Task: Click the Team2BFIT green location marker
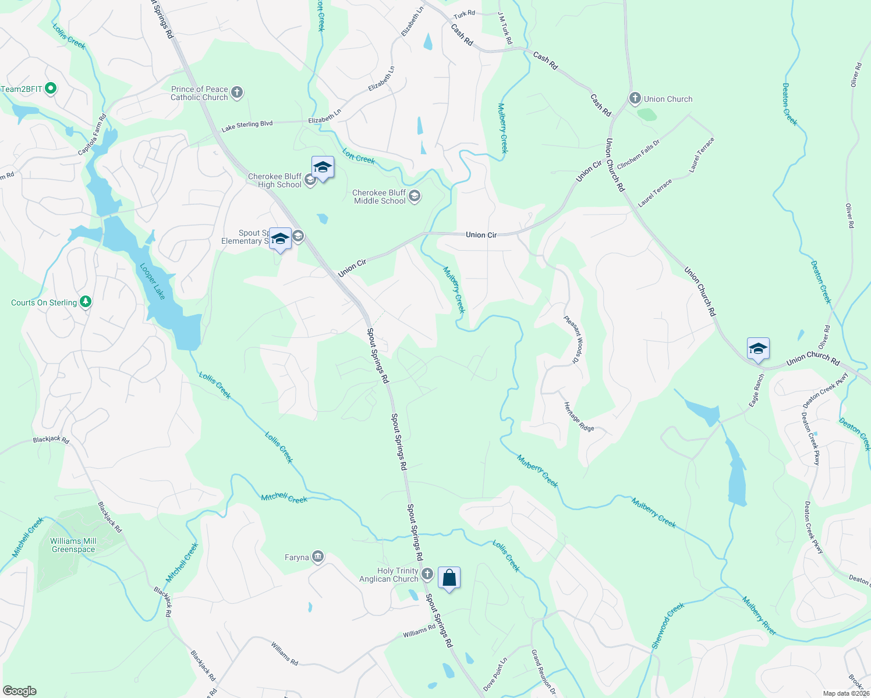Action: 51,89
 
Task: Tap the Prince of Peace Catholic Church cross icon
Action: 236,92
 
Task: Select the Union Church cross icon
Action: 635,98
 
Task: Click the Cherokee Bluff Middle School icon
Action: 414,196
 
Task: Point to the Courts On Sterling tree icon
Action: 86,302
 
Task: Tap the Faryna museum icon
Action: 317,557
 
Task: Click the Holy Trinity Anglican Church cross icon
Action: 427,574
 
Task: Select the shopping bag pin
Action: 449,578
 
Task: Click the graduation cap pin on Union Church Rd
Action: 758,349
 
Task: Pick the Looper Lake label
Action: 153,282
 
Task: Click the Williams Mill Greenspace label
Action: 73,545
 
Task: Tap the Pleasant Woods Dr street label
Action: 573,340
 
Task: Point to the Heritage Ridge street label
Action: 579,416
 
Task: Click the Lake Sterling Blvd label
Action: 247,125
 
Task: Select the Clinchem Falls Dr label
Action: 639,154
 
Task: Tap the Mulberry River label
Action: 759,615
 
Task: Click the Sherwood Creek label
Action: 668,626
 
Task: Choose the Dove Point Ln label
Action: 495,674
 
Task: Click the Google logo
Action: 19,691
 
